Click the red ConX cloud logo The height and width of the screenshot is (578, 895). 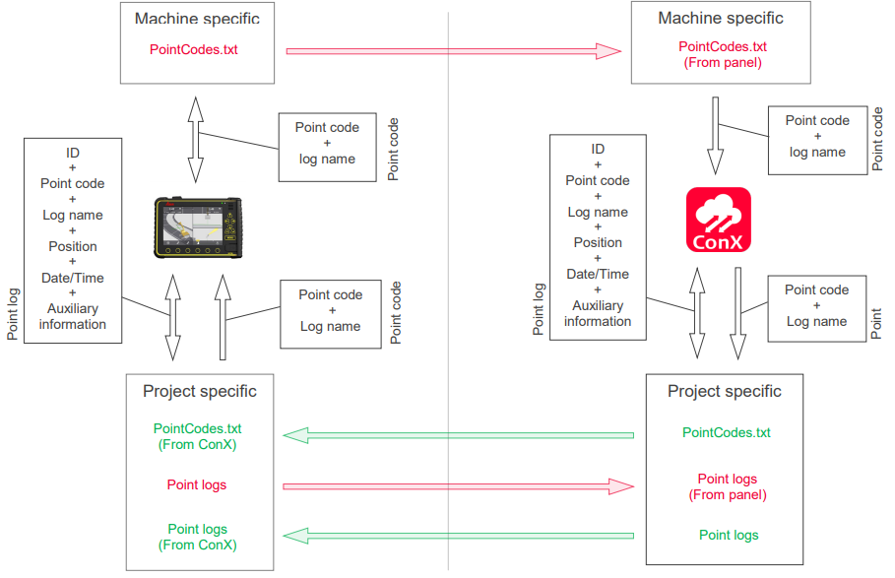pyautogui.click(x=718, y=219)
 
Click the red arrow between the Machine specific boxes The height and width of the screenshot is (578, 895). pyautogui.click(x=454, y=50)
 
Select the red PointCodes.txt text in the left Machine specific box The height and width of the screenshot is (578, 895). pyautogui.click(x=194, y=49)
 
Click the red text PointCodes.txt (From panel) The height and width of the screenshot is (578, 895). pyautogui.click(x=723, y=54)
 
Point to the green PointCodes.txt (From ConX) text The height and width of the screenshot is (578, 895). pyautogui.click(x=198, y=436)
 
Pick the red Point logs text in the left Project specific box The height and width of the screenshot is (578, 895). pyautogui.click(x=197, y=484)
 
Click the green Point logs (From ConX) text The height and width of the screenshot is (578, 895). pyautogui.click(x=198, y=537)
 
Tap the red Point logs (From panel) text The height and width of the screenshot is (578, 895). pyautogui.click(x=728, y=486)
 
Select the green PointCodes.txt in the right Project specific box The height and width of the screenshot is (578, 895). pyautogui.click(x=727, y=432)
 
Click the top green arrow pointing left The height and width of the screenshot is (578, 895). pyautogui.click(x=458, y=434)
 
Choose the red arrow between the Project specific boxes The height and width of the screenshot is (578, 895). pyautogui.click(x=458, y=485)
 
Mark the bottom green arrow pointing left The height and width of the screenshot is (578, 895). pyautogui.click(x=458, y=536)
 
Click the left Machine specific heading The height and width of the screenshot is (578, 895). pyautogui.click(x=197, y=19)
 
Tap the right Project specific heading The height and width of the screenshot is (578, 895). pyautogui.click(x=725, y=391)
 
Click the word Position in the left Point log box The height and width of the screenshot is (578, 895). pyautogui.click(x=73, y=246)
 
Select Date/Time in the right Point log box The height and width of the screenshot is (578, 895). pyautogui.click(x=598, y=274)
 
